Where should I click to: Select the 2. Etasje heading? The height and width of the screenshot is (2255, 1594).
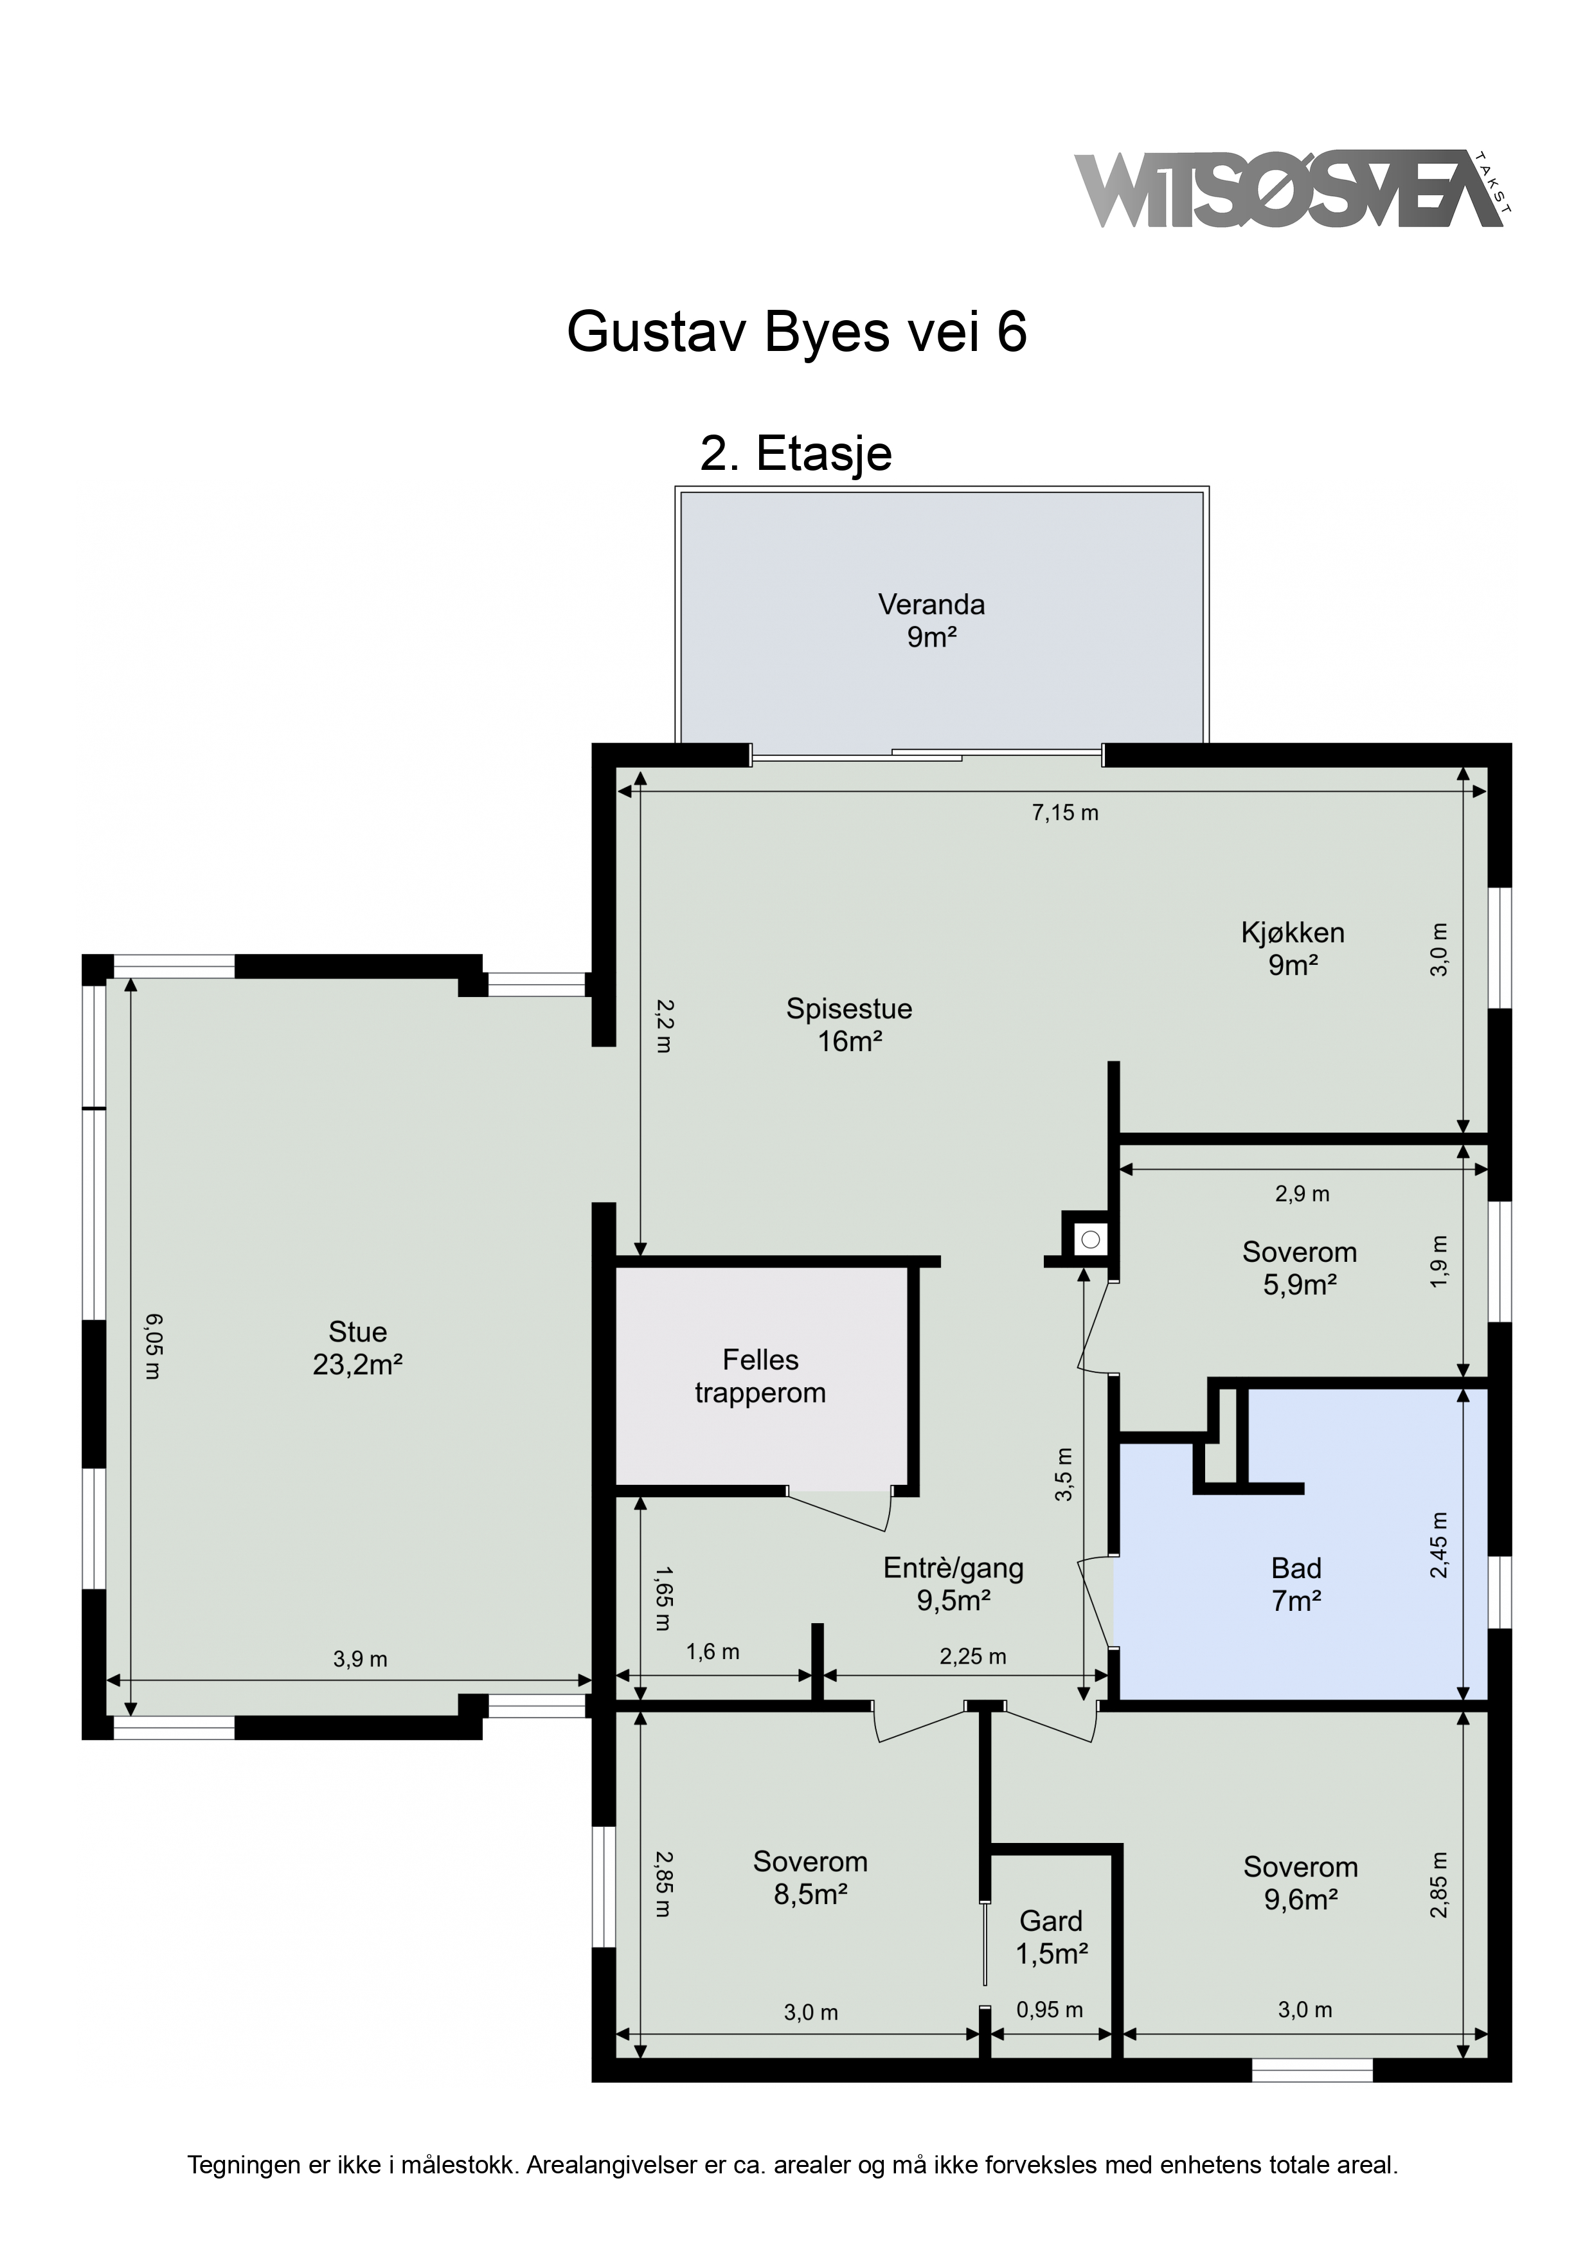coord(796,454)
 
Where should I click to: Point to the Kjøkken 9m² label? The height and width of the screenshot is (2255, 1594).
coord(1293,949)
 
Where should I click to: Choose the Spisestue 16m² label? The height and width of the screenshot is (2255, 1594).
coord(850,1025)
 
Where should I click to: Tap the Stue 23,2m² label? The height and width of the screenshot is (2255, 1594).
coord(357,1347)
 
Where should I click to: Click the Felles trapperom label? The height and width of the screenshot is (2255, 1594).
coord(760,1376)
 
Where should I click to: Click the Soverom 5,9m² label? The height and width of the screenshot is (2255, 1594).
coord(1300,1268)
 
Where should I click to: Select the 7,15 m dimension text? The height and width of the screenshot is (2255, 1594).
coord(1064,813)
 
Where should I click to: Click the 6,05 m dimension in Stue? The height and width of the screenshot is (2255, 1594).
coord(151,1347)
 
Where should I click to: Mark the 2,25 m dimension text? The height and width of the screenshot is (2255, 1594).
coord(972,1657)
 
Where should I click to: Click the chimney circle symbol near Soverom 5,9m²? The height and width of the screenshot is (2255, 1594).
coord(1090,1239)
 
